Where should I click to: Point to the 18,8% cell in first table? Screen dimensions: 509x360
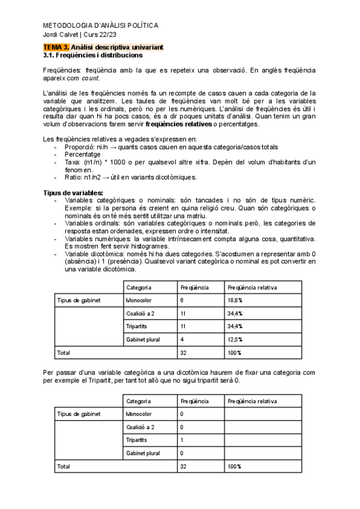(235, 300)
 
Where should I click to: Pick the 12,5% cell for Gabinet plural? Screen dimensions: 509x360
(235, 339)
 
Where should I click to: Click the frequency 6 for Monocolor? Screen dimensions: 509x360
(181, 300)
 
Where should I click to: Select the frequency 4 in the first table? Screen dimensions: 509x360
(181, 339)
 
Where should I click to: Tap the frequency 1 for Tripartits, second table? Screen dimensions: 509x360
(181, 440)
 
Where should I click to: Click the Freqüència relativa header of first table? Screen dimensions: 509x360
(252, 288)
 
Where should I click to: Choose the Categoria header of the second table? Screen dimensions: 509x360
(139, 400)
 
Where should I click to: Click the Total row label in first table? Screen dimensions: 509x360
(63, 353)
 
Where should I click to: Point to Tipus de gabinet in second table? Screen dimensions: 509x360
(79, 414)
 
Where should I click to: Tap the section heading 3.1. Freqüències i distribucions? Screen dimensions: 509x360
(93, 55)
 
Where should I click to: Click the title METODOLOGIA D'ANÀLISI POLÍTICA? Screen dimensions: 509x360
(101, 26)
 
